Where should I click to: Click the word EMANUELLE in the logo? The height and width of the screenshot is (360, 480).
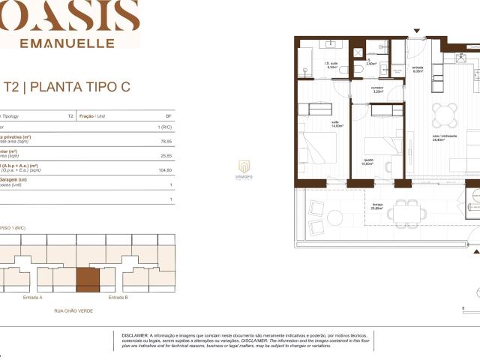pos(68,43)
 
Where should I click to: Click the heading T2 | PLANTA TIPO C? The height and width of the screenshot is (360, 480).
pos(67,87)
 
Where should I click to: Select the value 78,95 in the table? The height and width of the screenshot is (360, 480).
pos(166,140)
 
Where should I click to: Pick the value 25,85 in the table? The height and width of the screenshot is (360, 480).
pos(166,155)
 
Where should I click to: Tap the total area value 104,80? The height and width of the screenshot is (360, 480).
pos(165,170)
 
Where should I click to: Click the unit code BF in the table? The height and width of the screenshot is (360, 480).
pos(169,117)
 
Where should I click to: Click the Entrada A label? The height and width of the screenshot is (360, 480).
pos(34,298)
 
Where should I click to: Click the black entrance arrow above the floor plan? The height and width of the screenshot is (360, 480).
pos(417,31)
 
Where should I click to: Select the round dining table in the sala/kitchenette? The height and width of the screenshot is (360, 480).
pos(442,116)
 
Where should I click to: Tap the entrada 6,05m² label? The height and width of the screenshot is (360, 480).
pos(418,69)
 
